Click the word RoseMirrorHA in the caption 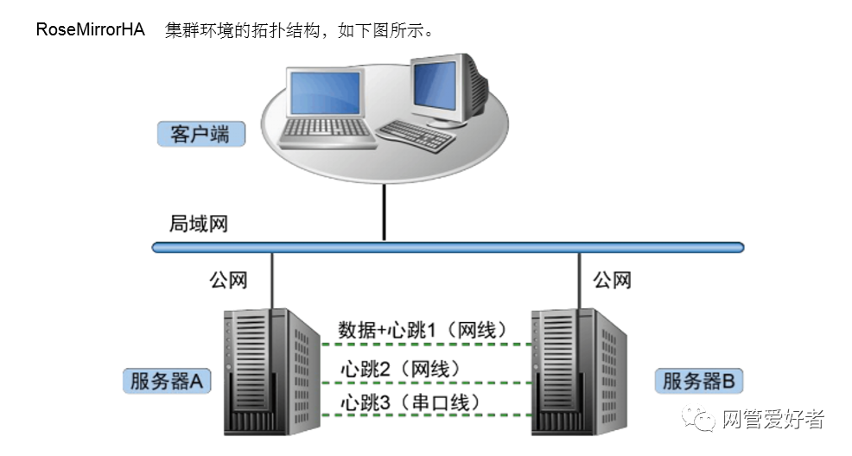click(90, 30)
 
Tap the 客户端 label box click(200, 134)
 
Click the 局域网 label click(198, 225)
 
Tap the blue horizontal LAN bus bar click(448, 247)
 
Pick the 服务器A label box click(168, 381)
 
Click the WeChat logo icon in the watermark click(702, 421)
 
